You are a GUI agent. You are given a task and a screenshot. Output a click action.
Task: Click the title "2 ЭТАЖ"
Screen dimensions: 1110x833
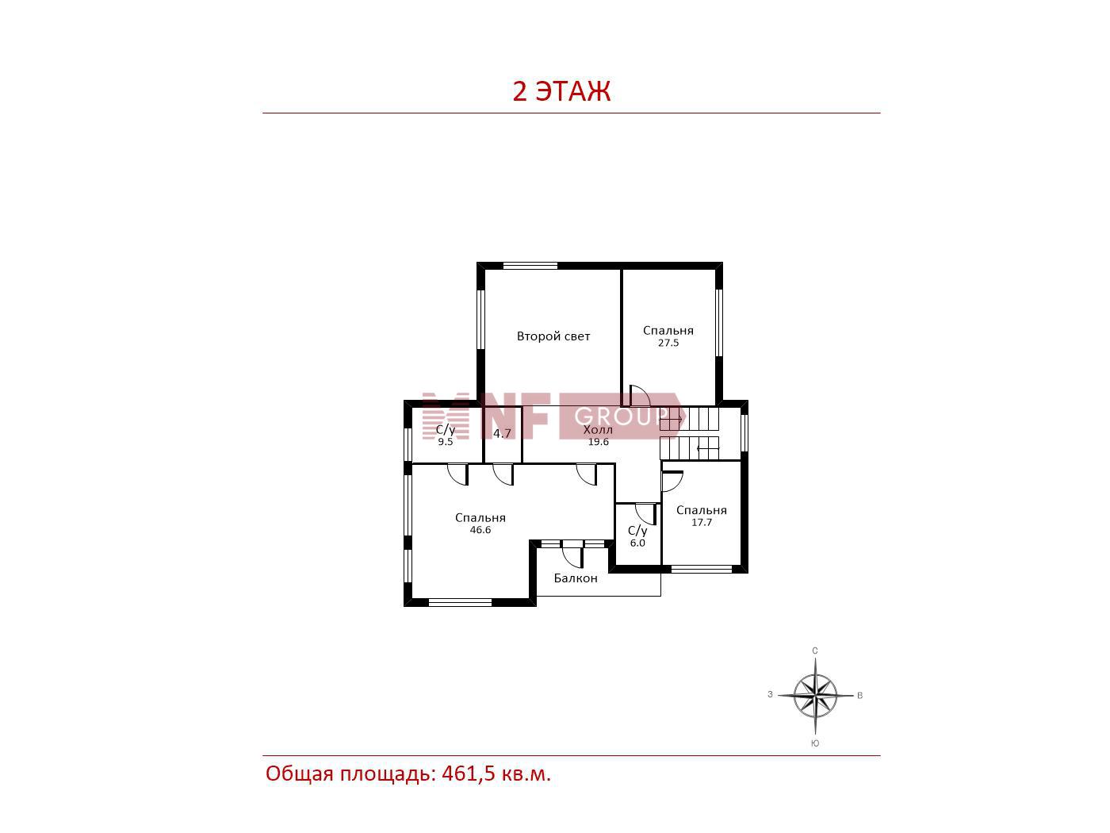tap(561, 91)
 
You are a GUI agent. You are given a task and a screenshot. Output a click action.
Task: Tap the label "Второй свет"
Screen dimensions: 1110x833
tap(553, 336)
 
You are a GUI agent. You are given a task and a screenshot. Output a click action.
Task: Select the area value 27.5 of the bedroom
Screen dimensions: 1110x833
tap(668, 343)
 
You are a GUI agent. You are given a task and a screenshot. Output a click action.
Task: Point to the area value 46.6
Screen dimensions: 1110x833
tap(480, 529)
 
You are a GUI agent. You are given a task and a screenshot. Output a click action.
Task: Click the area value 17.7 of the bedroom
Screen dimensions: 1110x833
tap(702, 523)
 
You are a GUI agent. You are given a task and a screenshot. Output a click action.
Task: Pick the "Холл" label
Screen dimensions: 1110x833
tap(598, 430)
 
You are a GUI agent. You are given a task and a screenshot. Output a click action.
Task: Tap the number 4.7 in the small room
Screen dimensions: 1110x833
tap(502, 433)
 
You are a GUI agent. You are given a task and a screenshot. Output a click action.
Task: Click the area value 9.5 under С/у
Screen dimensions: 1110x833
tap(445, 442)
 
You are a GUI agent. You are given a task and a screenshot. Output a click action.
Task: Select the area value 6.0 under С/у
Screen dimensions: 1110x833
tap(637, 543)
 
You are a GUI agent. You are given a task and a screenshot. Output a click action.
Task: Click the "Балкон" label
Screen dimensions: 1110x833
tap(576, 578)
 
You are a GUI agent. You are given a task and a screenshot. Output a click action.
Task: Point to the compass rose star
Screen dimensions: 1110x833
tap(815, 696)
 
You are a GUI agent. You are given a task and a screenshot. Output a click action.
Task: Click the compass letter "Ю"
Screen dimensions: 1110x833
tap(815, 743)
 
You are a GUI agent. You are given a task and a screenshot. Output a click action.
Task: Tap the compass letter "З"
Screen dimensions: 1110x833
tap(770, 694)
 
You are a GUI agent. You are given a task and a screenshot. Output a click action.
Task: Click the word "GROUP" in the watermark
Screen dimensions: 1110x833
tap(621, 416)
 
